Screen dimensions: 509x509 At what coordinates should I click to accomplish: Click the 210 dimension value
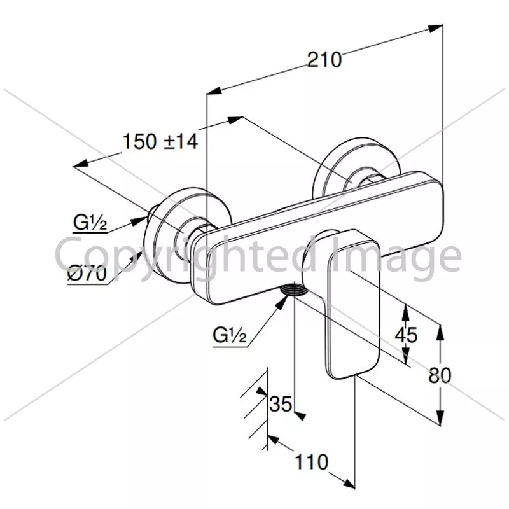pos(324,60)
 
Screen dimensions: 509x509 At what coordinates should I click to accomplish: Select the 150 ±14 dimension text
pos(160,141)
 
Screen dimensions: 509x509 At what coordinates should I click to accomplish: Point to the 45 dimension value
pos(406,335)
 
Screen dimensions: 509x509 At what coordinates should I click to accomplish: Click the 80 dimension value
pos(440,375)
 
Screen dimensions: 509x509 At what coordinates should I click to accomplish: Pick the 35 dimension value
pos(281,404)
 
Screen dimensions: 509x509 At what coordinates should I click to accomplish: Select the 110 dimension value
pos(311,461)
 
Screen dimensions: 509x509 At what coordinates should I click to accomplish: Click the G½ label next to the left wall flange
pos(90,222)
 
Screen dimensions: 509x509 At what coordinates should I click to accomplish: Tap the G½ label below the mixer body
pos(230,335)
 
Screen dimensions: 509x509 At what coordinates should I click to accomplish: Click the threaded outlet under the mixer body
pos(294,289)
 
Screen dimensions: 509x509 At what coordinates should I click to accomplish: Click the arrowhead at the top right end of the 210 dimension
pos(435,28)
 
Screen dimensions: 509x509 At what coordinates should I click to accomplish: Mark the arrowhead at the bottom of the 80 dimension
pos(440,417)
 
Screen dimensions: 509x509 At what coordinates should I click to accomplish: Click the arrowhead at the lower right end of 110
pos(348,484)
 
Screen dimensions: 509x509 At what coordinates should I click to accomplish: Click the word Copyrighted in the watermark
pos(186,255)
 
